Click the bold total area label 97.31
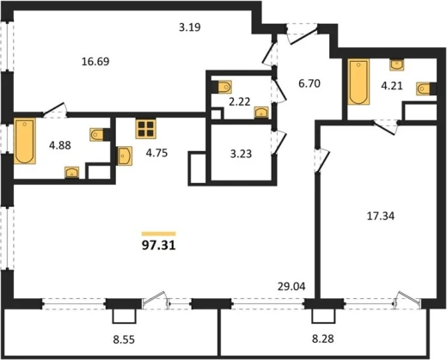pos(158,246)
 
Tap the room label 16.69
pos(95,62)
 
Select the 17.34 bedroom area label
pos(381,216)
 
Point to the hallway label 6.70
pos(309,84)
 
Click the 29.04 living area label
pos(291,286)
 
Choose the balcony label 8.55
pos(124,340)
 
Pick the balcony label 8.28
pos(323,339)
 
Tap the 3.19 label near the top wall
pos(190,27)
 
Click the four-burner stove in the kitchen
pos(145,129)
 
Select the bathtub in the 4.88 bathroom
pos(25,141)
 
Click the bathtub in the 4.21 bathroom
pos(358,82)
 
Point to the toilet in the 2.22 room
pos(224,87)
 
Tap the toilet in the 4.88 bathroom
pos(96,135)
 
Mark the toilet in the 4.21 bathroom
pos(423,88)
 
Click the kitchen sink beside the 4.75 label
pos(125,156)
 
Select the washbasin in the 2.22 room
pos(261,113)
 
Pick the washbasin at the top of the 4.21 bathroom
pos(397,64)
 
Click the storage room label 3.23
pos(241,154)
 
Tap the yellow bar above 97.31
pos(158,234)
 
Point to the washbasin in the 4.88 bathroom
pos(72,173)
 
